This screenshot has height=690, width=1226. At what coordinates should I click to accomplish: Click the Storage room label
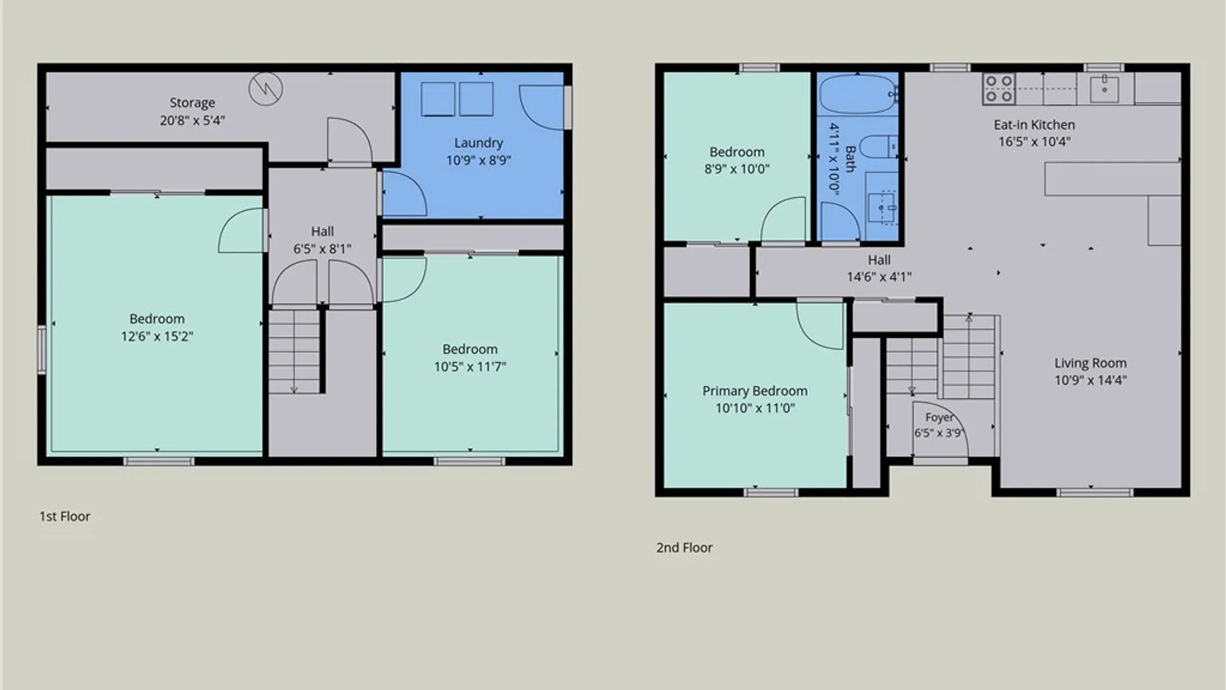click(192, 103)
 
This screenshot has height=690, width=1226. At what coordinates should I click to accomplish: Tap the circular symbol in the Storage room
click(266, 88)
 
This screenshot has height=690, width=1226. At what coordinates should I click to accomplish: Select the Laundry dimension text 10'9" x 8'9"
click(478, 160)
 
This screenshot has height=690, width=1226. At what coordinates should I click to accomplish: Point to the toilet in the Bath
click(878, 147)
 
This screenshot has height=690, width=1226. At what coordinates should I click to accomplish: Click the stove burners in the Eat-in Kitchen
click(999, 89)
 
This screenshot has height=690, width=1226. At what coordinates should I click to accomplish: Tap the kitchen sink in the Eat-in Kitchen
click(1104, 89)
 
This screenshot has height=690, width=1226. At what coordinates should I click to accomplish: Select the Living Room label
click(1090, 364)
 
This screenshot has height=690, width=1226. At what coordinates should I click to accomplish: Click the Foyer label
click(939, 417)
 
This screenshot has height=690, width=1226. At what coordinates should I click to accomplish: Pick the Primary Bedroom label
click(755, 391)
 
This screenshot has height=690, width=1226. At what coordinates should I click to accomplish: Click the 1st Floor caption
click(64, 516)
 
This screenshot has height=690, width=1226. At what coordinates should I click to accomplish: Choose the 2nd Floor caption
click(685, 548)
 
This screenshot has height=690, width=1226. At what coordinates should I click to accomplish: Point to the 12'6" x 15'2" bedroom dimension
click(157, 337)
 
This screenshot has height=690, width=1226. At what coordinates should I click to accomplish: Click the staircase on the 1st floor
click(294, 351)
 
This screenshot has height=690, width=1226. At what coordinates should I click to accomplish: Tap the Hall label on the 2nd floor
click(879, 260)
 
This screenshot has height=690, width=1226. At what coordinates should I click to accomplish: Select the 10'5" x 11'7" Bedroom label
click(470, 349)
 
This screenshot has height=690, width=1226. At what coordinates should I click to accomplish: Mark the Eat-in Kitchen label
click(1034, 125)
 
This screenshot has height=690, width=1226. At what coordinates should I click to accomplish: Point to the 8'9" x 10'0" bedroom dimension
click(737, 169)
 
